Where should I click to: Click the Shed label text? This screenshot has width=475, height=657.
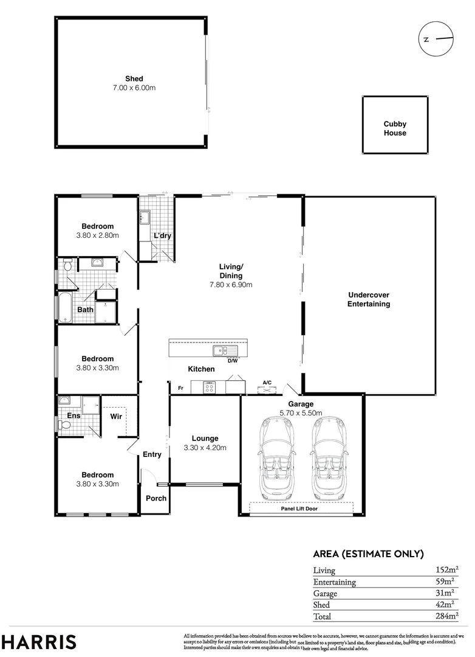pos(134,78)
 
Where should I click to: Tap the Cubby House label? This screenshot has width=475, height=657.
pos(395,128)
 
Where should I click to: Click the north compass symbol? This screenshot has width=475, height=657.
pos(436,39)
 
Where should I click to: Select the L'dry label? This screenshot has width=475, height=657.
pos(162,236)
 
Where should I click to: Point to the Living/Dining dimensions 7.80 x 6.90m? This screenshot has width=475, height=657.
pos(231,284)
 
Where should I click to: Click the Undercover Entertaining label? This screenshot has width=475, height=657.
pos(369,299)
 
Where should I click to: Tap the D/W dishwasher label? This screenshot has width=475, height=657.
pos(233,361)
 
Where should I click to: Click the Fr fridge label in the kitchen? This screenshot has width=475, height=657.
pos(180,388)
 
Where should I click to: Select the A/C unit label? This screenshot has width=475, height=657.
pos(267,383)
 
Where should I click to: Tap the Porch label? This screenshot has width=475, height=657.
pos(155,498)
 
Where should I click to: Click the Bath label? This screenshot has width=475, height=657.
pos(85,310)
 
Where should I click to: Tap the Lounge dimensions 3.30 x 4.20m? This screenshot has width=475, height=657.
pos(205,448)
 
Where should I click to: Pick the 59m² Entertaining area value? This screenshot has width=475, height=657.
pos(447,582)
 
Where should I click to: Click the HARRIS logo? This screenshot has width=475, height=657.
pos(39,642)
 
